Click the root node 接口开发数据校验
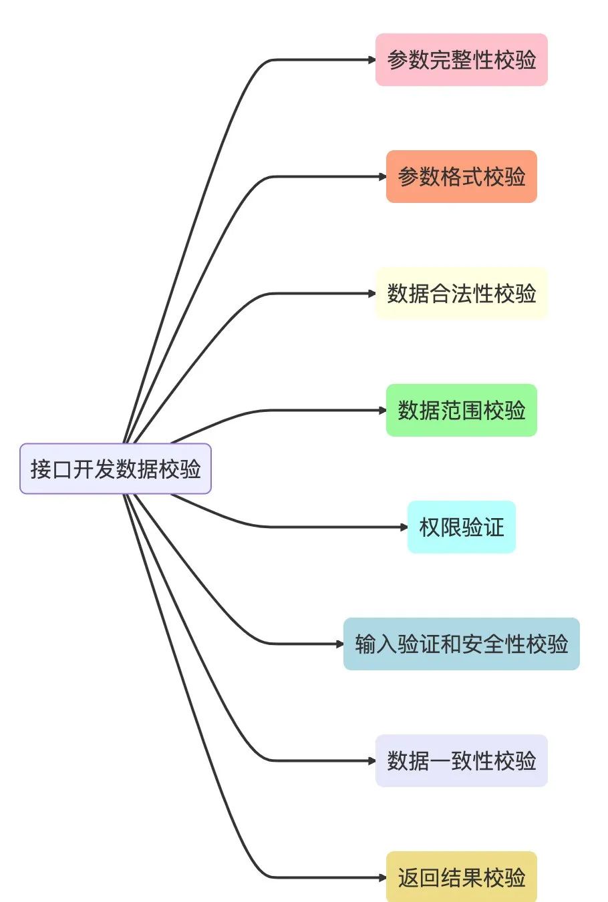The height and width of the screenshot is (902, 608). [116, 469]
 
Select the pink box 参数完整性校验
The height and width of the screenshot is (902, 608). [461, 60]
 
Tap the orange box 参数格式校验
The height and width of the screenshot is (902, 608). [461, 177]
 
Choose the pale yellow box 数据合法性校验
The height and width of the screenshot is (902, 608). [461, 294]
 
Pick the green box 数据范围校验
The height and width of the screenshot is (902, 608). [461, 410]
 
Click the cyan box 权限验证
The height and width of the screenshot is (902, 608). [461, 527]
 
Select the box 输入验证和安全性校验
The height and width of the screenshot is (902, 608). [461, 644]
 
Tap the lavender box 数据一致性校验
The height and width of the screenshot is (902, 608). [461, 760]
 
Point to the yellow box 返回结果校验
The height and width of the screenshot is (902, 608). [461, 877]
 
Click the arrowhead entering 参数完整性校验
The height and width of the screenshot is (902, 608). [371, 60]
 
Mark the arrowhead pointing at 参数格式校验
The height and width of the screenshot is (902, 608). [382, 177]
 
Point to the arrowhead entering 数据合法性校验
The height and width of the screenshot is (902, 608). [371, 294]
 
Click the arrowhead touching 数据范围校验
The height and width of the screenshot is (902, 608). [382, 410]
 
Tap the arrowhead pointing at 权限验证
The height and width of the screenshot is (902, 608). [404, 527]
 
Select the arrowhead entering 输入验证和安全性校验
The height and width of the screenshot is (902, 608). [339, 644]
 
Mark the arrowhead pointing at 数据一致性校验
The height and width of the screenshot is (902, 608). [371, 760]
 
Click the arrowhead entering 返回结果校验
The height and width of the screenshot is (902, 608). [382, 877]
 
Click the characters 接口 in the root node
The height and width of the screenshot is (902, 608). [51, 469]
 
